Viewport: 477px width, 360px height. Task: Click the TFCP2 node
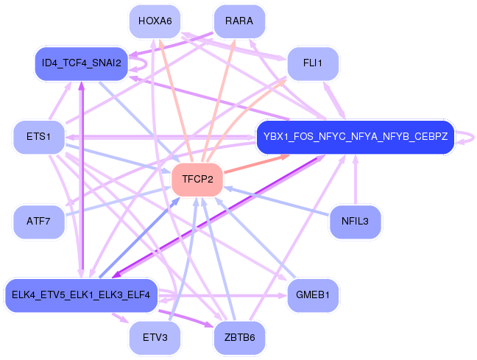(x=197, y=179)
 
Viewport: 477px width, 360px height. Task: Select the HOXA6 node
(x=155, y=21)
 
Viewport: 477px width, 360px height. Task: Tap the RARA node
(x=239, y=21)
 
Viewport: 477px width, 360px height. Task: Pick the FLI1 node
(x=313, y=63)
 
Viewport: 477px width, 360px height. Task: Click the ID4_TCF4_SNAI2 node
(x=81, y=63)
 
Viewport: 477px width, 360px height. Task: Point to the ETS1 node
(x=38, y=137)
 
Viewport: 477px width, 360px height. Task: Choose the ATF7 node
(x=38, y=222)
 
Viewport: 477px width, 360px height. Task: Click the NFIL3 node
(x=355, y=222)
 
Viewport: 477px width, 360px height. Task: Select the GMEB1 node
(x=313, y=295)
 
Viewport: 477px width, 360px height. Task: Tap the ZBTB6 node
(x=239, y=337)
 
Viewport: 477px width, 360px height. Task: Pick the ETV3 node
(x=155, y=337)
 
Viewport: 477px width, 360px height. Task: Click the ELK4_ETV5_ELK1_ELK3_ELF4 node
(x=81, y=295)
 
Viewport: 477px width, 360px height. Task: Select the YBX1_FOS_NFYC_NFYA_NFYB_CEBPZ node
(x=356, y=137)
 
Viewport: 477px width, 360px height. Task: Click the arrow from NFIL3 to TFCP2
(x=276, y=201)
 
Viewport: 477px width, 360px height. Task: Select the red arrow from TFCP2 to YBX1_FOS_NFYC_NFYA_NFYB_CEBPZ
(x=256, y=164)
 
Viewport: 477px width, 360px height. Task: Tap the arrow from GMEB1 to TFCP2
(x=255, y=238)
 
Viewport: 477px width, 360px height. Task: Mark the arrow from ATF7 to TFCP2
(x=118, y=201)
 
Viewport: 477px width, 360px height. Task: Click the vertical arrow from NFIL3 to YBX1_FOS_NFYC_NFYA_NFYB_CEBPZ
(x=356, y=180)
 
